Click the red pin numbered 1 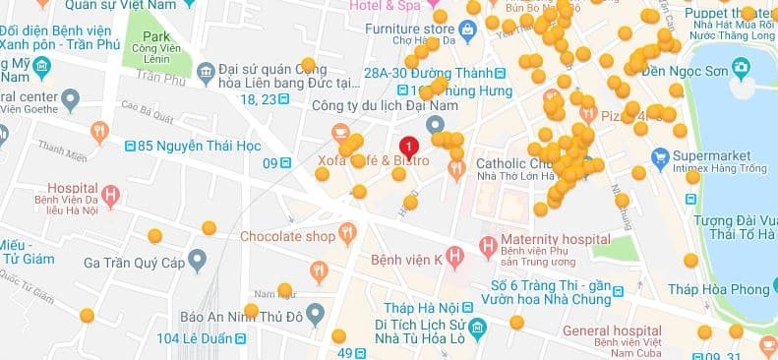click(409, 145)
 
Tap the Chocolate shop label click(288, 236)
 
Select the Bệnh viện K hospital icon click(454, 259)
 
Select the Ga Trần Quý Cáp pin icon click(198, 261)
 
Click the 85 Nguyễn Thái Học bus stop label click(184, 148)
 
